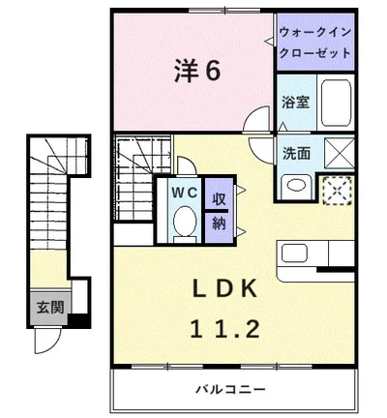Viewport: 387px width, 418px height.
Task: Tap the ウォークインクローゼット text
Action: pos(316,43)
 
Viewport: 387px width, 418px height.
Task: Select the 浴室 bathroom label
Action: pos(295,102)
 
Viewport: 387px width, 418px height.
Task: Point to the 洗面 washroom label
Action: pos(297,152)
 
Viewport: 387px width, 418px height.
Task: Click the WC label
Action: pos(184,193)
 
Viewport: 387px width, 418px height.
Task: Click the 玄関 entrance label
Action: pos(50,309)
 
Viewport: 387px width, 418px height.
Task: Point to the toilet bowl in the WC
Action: pos(183,223)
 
